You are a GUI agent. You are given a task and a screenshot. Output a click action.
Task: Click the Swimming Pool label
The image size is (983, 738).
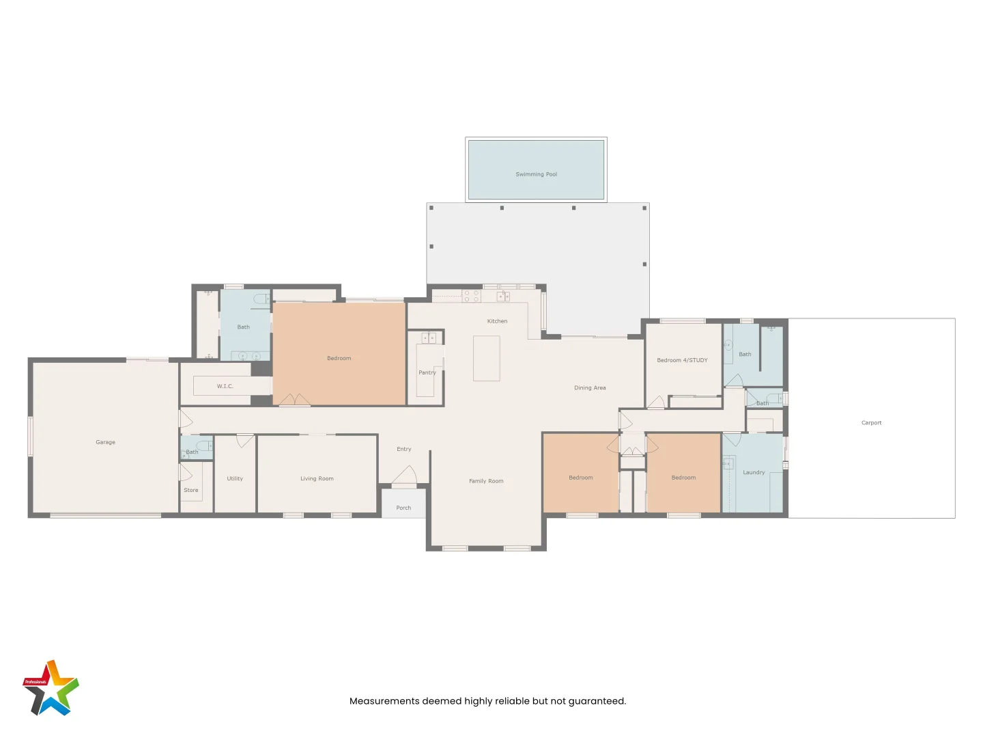click(536, 174)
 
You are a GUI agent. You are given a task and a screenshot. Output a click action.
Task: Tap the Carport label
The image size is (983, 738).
click(871, 423)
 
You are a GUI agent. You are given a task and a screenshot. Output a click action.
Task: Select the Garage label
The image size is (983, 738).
click(105, 442)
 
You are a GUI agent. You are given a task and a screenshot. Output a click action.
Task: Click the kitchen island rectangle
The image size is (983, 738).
click(486, 359)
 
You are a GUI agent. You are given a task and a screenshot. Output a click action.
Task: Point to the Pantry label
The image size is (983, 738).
click(427, 372)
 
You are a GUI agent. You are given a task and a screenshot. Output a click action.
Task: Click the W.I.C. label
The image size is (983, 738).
click(225, 386)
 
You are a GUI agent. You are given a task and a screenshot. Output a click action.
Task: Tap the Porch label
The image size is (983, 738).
click(403, 508)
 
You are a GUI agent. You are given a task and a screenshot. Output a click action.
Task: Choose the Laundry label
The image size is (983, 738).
click(754, 472)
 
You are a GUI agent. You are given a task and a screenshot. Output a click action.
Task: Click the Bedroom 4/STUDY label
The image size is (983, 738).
click(682, 360)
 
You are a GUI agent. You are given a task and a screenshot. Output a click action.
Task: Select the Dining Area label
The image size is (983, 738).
click(590, 387)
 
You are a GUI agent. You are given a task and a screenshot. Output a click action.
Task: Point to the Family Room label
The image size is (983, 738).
click(486, 481)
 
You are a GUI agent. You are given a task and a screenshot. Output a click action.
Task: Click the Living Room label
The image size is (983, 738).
click(317, 478)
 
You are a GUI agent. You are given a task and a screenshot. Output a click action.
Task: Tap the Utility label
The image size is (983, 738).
click(235, 478)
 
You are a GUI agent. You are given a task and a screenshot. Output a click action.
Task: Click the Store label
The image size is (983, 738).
click(191, 490)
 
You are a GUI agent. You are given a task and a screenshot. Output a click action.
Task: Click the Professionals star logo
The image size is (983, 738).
click(51, 689)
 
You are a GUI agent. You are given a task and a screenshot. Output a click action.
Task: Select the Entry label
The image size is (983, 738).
click(403, 449)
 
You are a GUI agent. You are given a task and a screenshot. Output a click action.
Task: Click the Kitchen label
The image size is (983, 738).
click(497, 321)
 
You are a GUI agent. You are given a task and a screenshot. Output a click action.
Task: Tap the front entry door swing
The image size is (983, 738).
click(405, 476)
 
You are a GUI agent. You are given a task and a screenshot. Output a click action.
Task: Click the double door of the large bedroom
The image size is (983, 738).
click(294, 400)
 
